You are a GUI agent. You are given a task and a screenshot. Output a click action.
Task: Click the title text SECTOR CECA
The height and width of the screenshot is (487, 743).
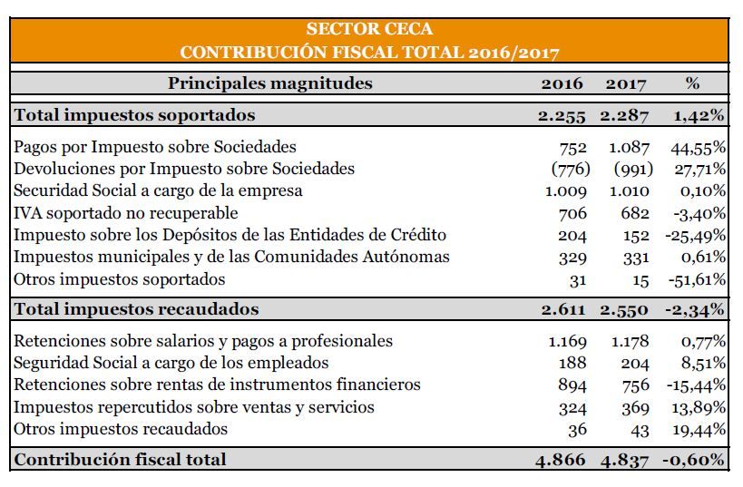[369, 29]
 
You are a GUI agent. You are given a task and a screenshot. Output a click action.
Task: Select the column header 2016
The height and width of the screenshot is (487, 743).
[562, 83]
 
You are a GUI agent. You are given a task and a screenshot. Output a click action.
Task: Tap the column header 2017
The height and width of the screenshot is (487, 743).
[625, 83]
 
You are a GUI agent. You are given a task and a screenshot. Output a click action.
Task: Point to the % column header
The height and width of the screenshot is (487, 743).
[692, 83]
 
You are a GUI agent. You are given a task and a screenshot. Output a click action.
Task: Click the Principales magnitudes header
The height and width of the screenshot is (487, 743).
[270, 83]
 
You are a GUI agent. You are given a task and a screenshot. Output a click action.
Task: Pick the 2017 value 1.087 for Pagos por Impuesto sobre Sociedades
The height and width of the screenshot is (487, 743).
[629, 148]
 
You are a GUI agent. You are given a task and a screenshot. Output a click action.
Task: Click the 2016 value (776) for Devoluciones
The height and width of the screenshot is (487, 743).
[571, 169]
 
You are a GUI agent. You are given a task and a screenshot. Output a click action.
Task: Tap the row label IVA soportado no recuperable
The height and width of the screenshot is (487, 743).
[125, 213]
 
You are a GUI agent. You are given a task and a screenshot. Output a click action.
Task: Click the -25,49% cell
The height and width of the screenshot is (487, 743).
[695, 236]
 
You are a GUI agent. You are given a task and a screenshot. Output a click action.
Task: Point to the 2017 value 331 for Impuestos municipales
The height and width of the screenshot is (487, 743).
[636, 258]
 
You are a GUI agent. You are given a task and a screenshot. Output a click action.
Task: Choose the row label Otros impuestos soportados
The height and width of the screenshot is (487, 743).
[120, 279]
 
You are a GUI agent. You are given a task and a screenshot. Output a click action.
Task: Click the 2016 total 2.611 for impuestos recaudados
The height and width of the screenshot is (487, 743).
[563, 310]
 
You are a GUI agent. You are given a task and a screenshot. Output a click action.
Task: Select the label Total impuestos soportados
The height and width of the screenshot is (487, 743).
[134, 115]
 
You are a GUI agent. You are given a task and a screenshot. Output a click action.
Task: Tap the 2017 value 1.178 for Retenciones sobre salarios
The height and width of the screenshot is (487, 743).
[630, 341]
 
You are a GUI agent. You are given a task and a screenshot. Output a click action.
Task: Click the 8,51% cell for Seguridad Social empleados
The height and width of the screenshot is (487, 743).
[703, 364]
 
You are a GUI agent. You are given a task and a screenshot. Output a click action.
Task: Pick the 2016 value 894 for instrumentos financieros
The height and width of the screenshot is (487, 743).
[572, 385]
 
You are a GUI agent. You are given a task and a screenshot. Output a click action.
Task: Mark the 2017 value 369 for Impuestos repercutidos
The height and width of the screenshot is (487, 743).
[635, 408]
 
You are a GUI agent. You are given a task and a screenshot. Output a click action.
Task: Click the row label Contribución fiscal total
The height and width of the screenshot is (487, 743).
[120, 460]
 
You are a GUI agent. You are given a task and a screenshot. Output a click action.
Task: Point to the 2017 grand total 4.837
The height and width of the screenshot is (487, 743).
[624, 461]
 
